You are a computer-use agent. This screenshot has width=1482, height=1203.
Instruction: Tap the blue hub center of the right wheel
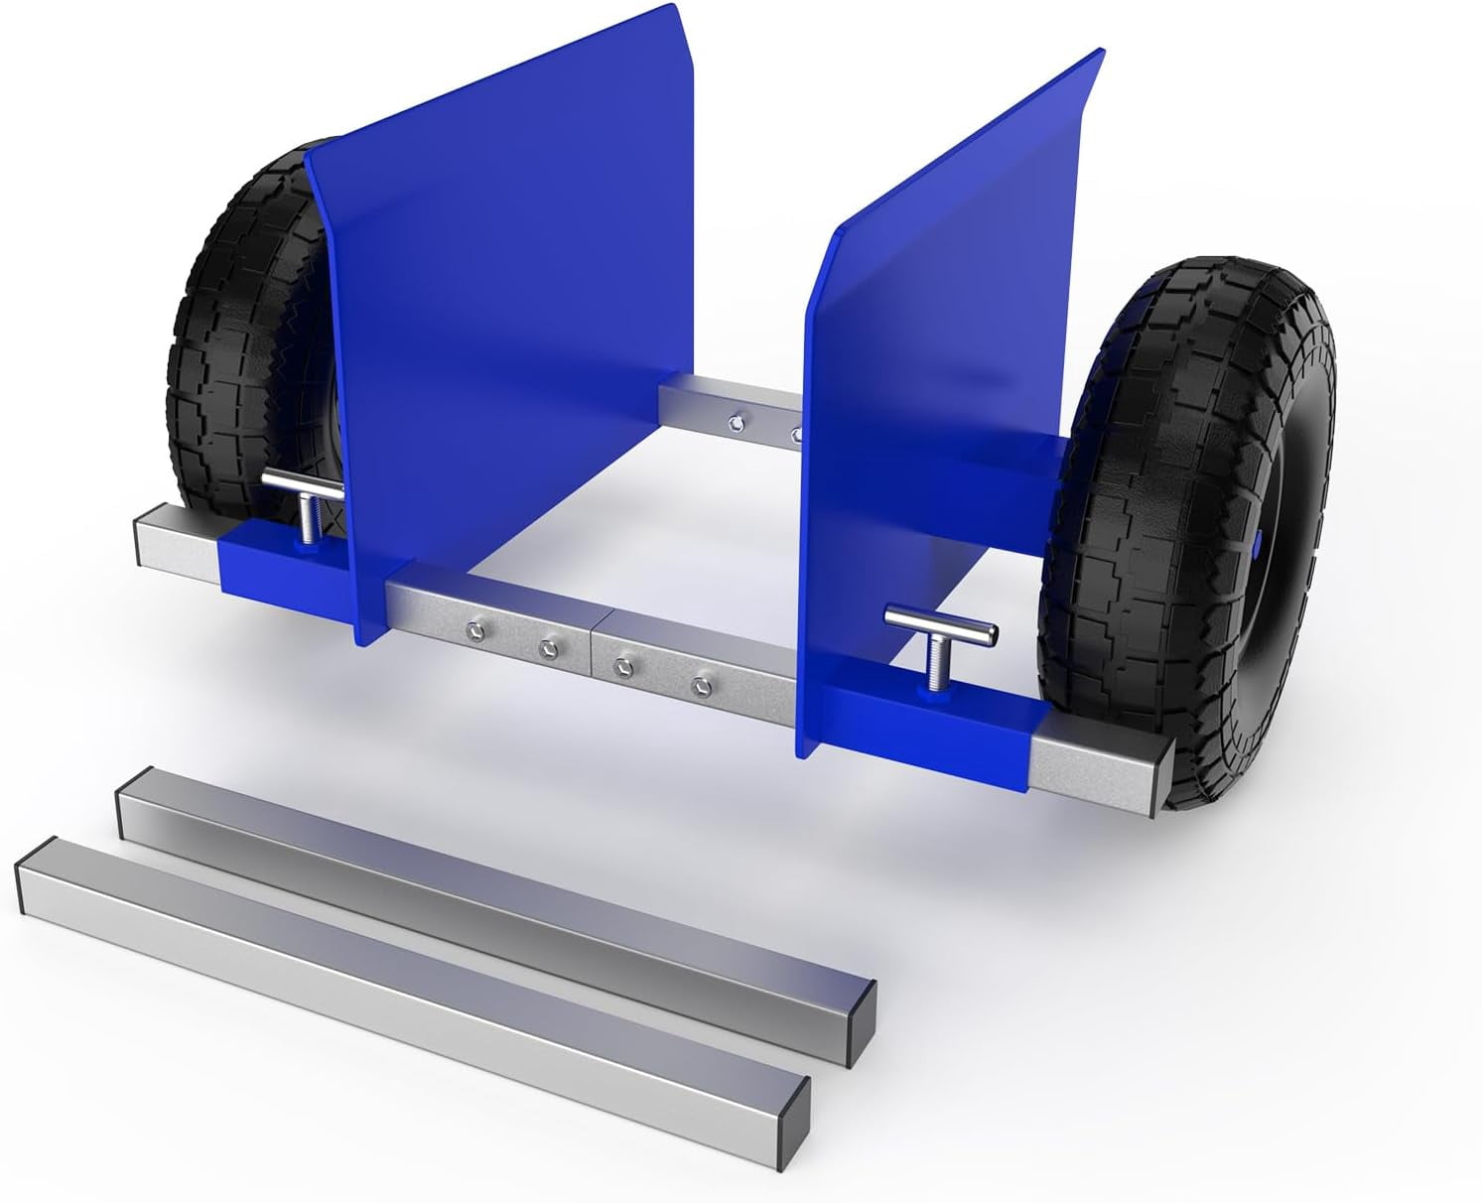1259,542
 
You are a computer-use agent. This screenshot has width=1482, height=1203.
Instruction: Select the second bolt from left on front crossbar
548,649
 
